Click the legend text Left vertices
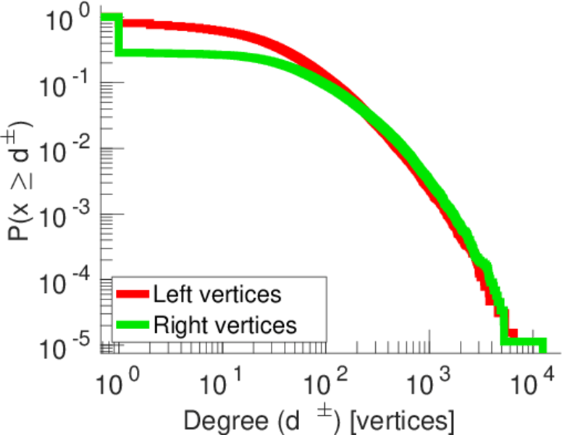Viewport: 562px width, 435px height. pos(217,295)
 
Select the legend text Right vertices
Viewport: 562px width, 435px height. pos(225,326)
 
